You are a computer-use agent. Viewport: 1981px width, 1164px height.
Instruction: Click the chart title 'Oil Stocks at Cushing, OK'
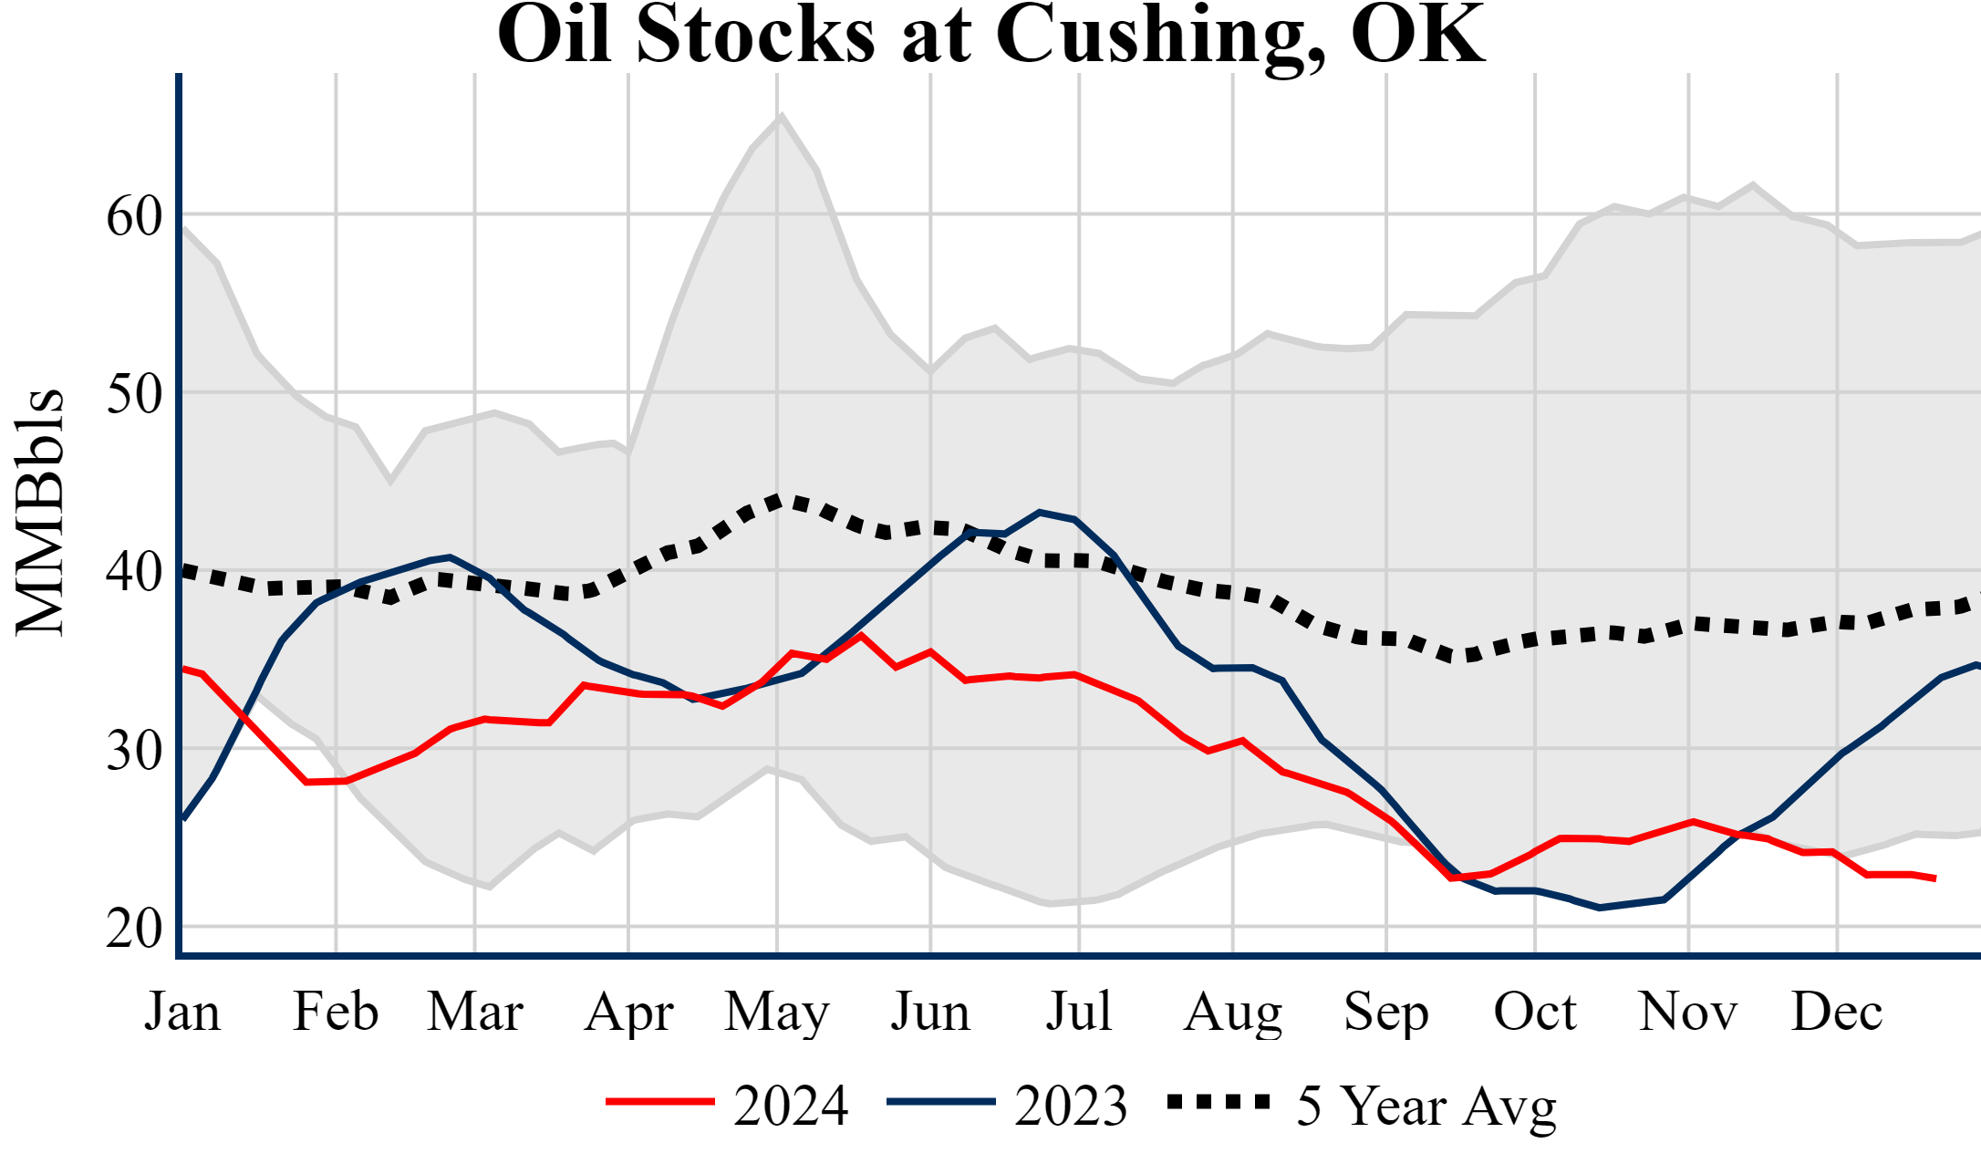coord(990,35)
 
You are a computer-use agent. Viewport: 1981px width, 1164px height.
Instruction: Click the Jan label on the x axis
coord(182,1013)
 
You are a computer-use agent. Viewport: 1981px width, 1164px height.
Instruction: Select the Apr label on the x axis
coord(628,1013)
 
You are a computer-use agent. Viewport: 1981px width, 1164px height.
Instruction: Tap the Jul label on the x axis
coord(1079,1013)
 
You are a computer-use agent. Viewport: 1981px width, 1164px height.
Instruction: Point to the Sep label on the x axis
coord(1385,1013)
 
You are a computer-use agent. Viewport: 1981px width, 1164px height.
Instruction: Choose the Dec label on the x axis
coord(1836,1013)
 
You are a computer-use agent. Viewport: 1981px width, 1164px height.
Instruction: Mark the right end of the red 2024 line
coord(1934,878)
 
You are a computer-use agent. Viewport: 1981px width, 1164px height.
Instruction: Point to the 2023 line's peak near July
coord(1040,513)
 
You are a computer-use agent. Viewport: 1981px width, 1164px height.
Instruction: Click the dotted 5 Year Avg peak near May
coord(777,500)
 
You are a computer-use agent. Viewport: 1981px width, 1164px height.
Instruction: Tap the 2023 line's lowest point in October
coord(1599,908)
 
